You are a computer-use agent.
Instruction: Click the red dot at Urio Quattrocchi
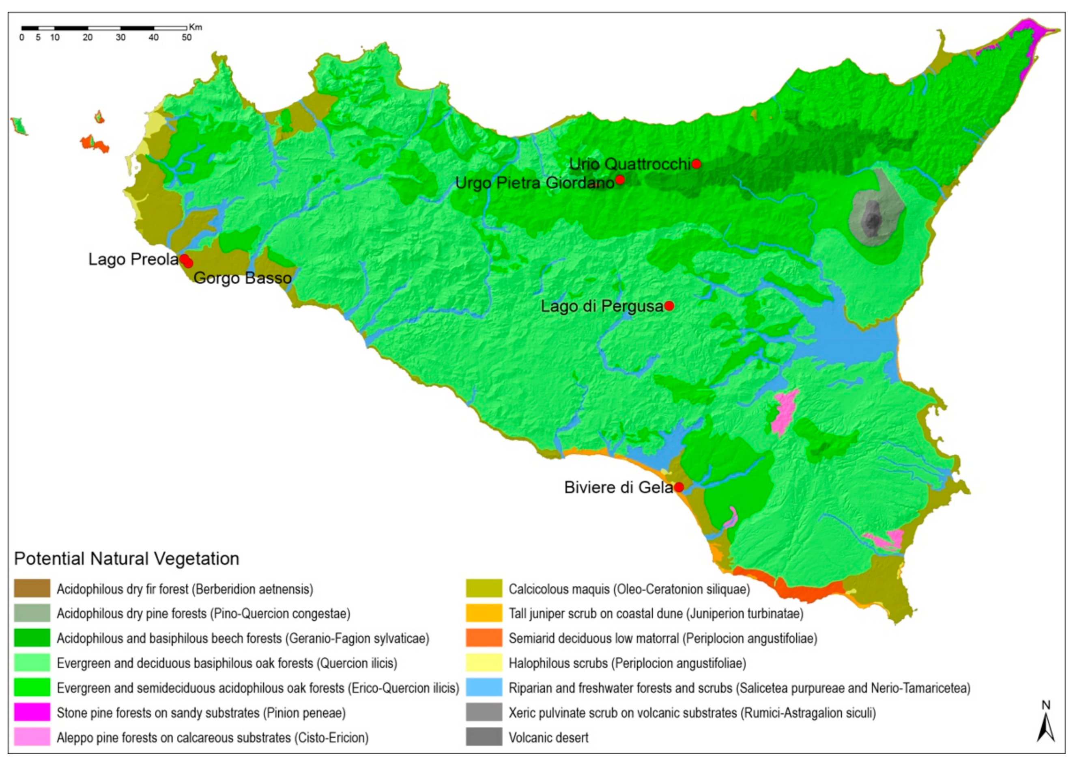pyautogui.click(x=696, y=164)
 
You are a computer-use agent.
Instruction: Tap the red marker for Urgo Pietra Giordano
pyautogui.click(x=620, y=180)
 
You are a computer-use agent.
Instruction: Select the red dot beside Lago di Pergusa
pyautogui.click(x=669, y=306)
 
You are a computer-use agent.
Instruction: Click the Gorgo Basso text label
pyautogui.click(x=243, y=278)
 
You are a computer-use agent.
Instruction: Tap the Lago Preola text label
pyautogui.click(x=133, y=259)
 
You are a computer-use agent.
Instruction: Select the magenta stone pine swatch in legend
pyautogui.click(x=32, y=712)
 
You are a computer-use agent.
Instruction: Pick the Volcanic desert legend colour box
pyautogui.click(x=484, y=737)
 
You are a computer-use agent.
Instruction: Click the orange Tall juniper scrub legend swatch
pyautogui.click(x=484, y=613)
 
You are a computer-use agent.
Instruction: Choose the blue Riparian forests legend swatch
pyautogui.click(x=484, y=688)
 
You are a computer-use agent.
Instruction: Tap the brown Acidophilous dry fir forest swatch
pyautogui.click(x=32, y=589)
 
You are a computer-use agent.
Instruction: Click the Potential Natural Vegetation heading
pyautogui.click(x=127, y=559)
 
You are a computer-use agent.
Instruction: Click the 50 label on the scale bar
pyautogui.click(x=187, y=38)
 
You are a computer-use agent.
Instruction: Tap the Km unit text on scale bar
pyautogui.click(x=196, y=27)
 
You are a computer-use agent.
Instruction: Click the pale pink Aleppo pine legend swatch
pyautogui.click(x=32, y=737)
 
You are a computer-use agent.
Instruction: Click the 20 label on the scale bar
pyautogui.click(x=88, y=38)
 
